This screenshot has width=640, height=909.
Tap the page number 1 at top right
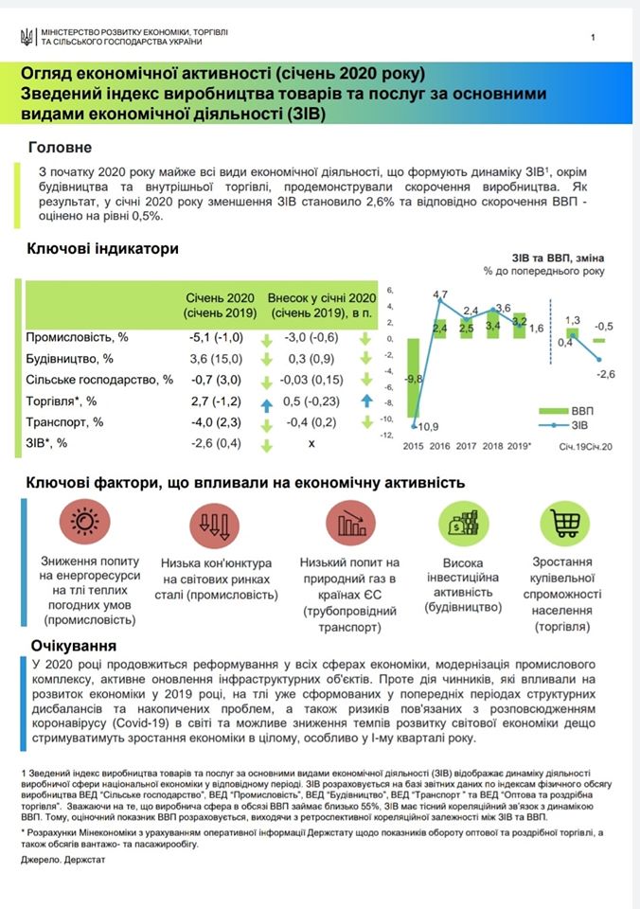[593, 38]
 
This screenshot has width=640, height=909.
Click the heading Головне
[61, 148]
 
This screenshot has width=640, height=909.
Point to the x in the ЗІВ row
[311, 443]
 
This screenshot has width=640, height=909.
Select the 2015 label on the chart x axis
[413, 445]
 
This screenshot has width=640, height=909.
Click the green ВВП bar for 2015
[413, 378]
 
